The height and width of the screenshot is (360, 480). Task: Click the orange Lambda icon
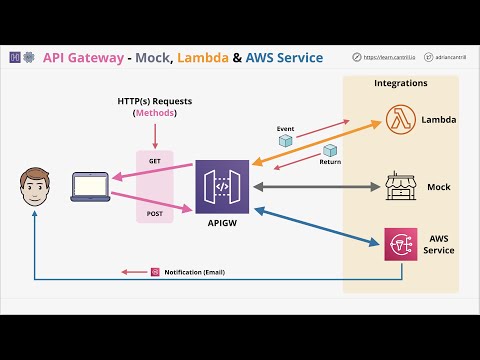pos(400,120)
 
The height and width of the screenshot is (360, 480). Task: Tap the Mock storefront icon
pos(400,186)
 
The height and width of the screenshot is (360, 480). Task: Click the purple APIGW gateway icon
pos(221,186)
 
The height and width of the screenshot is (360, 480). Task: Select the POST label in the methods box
pos(154,214)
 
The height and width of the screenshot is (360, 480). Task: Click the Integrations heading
pos(400,84)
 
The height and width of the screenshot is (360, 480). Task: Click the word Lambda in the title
pos(206,58)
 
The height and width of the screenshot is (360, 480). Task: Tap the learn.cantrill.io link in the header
pos(384,58)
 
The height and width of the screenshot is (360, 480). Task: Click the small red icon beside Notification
pos(155,272)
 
